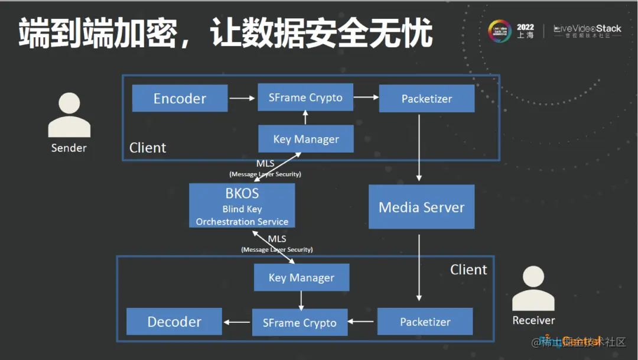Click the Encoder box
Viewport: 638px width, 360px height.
[180, 98]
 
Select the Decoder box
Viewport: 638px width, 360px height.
[174, 322]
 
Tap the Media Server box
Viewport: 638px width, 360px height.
[421, 207]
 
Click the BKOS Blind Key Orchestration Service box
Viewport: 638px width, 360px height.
[242, 206]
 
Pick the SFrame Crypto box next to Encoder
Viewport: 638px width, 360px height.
[305, 97]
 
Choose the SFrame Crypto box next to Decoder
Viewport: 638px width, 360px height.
[300, 322]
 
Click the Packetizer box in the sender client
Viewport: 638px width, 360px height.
[427, 98]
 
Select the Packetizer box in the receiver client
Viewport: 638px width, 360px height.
[425, 322]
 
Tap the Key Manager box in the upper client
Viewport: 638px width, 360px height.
[306, 139]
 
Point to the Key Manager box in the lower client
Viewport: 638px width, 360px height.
[301, 277]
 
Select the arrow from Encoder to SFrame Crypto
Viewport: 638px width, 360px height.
[242, 98]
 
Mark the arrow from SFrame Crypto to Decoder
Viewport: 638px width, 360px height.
[237, 322]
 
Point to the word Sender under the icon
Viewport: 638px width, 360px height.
[69, 148]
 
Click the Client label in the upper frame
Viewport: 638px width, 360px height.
[148, 147]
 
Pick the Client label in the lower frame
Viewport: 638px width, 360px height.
[468, 270]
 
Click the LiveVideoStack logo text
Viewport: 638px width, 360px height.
[587, 28]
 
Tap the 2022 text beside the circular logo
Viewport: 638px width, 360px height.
[525, 27]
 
